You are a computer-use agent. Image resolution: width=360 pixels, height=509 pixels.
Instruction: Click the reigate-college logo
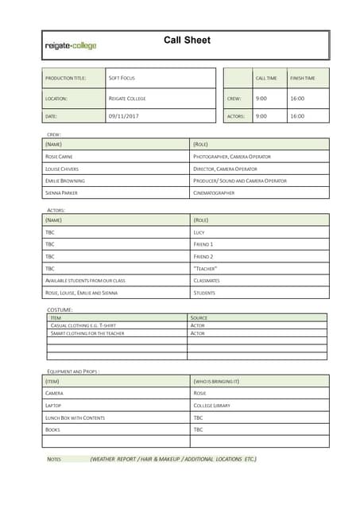[x=71, y=46]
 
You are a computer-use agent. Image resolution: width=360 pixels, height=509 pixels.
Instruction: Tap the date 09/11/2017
[x=123, y=116]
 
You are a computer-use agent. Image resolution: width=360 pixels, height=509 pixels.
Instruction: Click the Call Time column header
[x=265, y=78]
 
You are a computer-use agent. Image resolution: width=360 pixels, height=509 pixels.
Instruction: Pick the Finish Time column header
[x=302, y=78]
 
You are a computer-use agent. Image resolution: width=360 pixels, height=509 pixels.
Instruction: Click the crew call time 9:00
[x=261, y=99]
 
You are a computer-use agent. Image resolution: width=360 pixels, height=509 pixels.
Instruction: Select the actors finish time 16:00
[x=296, y=116]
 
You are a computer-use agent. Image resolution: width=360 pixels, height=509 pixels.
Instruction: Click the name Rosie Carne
[x=59, y=157]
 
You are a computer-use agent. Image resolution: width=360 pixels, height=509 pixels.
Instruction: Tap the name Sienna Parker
[x=61, y=192]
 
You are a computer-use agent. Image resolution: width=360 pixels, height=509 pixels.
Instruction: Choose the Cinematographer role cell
[x=214, y=192]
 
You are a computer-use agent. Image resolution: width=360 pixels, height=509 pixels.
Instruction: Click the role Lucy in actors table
[x=199, y=232]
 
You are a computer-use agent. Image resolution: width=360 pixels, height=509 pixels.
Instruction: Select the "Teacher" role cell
[x=205, y=269]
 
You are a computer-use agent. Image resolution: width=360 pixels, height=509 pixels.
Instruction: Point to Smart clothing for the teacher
[x=87, y=333]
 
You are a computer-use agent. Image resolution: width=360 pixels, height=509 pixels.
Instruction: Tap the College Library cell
[x=211, y=406]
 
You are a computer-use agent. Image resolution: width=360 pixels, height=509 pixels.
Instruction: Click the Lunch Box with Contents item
[x=75, y=418]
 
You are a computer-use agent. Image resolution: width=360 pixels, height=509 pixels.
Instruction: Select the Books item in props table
[x=52, y=429]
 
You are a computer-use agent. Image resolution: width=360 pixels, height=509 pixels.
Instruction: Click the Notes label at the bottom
[x=54, y=459]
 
